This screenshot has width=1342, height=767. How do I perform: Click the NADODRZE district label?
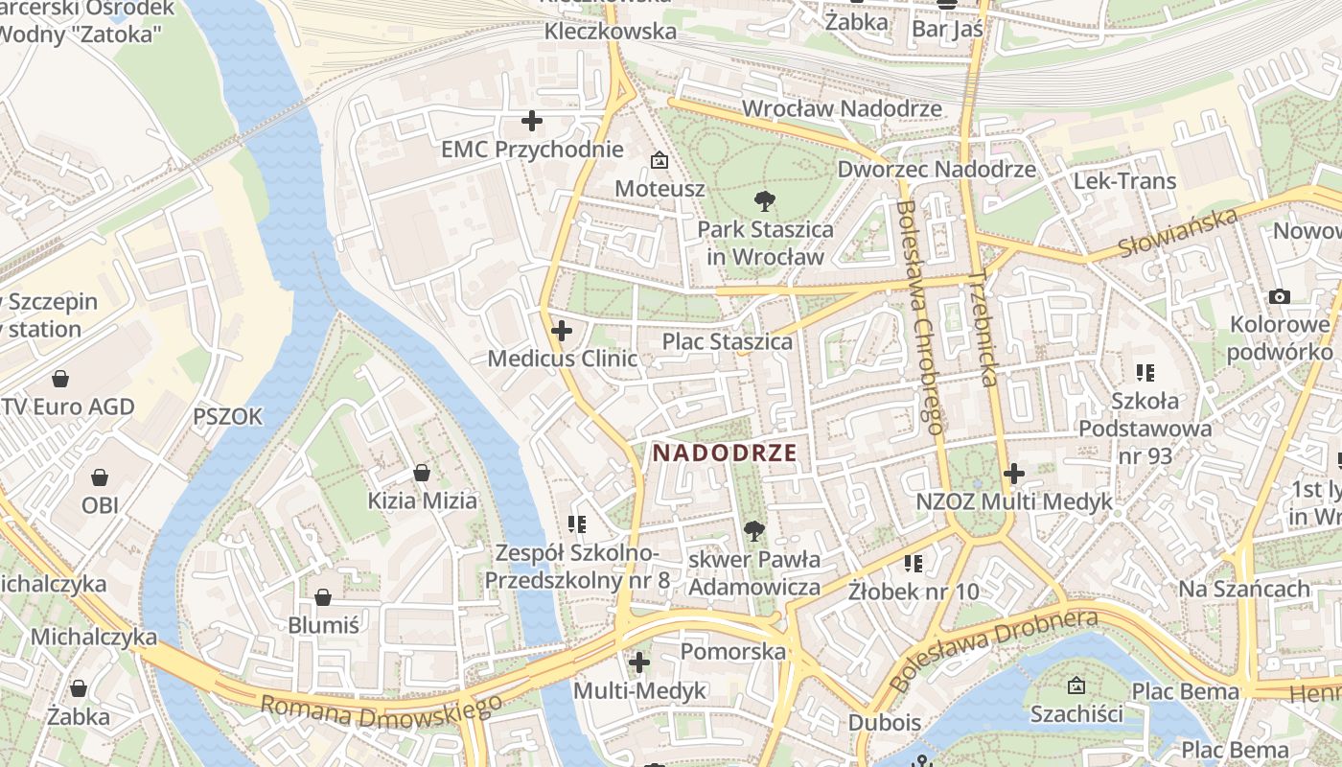(x=725, y=453)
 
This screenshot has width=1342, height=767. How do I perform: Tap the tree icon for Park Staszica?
(x=764, y=201)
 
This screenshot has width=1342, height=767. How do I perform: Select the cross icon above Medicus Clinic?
(x=562, y=332)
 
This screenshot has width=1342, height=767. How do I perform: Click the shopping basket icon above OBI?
(x=100, y=477)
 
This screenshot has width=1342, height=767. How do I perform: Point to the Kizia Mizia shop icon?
(x=422, y=473)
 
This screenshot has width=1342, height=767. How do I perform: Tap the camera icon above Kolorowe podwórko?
(x=1280, y=297)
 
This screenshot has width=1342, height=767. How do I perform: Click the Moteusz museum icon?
(x=659, y=160)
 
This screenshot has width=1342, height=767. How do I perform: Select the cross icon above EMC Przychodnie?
(x=531, y=121)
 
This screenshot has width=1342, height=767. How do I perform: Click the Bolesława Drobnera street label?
(x=993, y=649)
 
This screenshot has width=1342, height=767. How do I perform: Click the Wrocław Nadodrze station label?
(x=842, y=108)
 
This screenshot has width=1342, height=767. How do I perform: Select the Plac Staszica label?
(x=728, y=341)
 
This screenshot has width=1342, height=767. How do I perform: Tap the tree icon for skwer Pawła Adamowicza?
(x=754, y=530)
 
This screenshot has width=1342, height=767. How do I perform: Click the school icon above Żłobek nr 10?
(x=914, y=563)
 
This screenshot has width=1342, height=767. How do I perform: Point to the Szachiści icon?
(x=1076, y=686)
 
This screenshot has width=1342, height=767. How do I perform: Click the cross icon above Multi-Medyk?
(x=639, y=662)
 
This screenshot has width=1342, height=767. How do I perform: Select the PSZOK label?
(x=227, y=417)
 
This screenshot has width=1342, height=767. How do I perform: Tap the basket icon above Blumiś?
(x=324, y=597)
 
